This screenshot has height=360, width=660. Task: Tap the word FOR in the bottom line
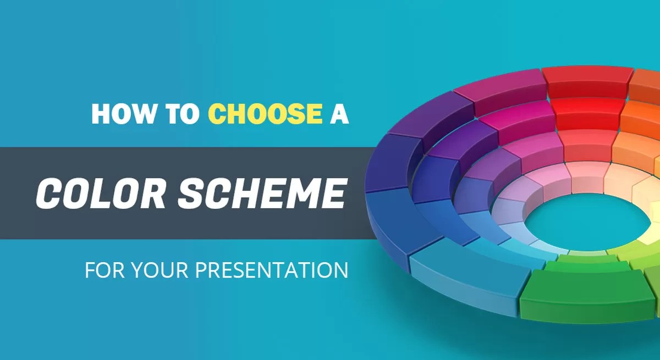[100, 271]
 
